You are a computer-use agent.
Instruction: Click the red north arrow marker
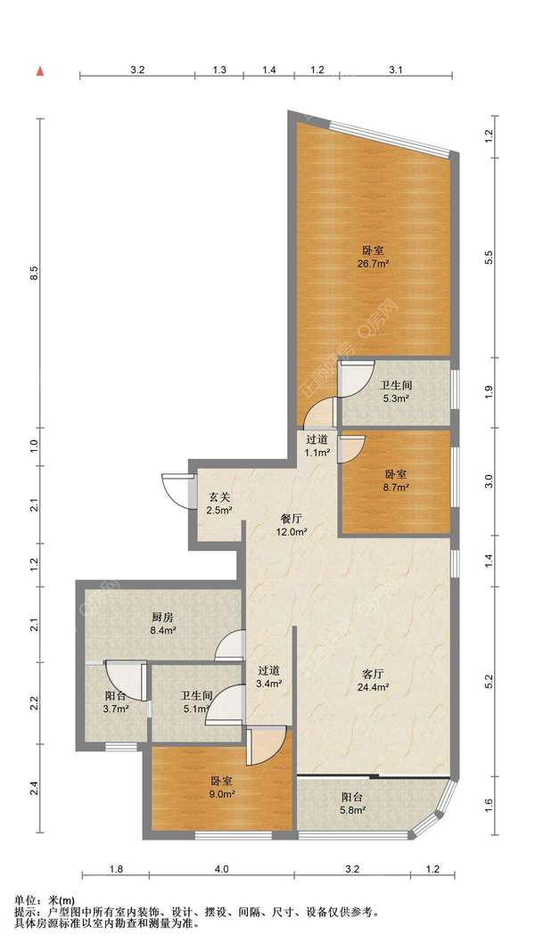[x=41, y=71]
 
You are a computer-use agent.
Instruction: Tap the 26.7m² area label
[x=375, y=264]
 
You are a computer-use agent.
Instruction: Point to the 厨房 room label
[x=162, y=618]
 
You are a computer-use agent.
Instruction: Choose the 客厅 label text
[x=374, y=674]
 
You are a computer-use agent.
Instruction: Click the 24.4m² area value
[x=374, y=687]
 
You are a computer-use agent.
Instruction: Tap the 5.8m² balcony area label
[x=351, y=810]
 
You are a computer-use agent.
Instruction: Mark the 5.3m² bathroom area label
[x=396, y=399]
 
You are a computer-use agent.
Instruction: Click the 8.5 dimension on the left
[x=35, y=273]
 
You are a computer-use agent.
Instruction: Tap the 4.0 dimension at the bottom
[x=222, y=869]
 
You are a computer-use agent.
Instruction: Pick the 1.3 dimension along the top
[x=219, y=70]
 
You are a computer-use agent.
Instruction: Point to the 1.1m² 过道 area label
[x=317, y=452]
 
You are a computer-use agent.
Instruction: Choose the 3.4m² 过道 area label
[x=269, y=685]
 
